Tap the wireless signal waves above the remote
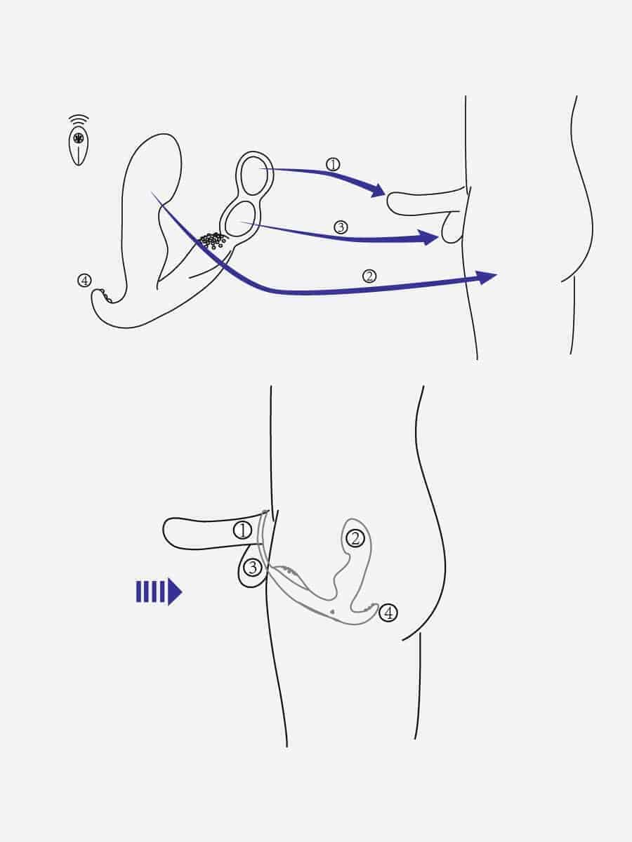tap(79, 120)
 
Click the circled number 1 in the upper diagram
tap(333, 164)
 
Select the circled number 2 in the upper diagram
tap(369, 276)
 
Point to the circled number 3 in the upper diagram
tap(341, 227)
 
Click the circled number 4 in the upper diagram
tap(84, 281)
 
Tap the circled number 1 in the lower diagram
tap(242, 530)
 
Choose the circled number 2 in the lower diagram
tap(355, 539)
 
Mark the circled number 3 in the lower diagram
tap(253, 568)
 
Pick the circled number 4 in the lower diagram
tap(388, 613)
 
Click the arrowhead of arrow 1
tap(378, 190)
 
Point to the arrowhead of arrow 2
tap(486, 277)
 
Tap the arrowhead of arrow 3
tap(429, 238)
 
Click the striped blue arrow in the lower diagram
tap(159, 592)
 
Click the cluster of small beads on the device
tap(213, 240)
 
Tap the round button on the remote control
tap(79, 138)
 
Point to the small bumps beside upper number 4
tap(105, 296)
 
